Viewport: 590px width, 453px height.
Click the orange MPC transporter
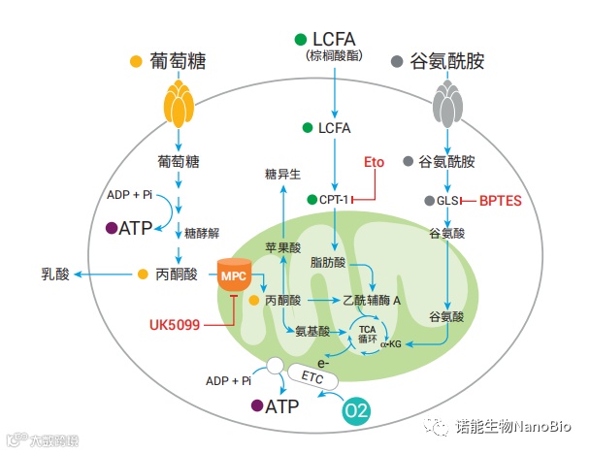pyautogui.click(x=234, y=275)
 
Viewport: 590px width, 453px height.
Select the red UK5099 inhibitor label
pyautogui.click(x=175, y=323)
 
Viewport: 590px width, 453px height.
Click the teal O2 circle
pyautogui.click(x=357, y=410)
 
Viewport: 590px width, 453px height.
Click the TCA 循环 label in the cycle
pyautogui.click(x=367, y=334)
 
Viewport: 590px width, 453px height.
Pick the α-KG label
pyautogui.click(x=391, y=343)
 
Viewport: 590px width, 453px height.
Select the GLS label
pyautogui.click(x=447, y=200)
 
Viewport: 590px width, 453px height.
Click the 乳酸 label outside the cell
pyautogui.click(x=56, y=275)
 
